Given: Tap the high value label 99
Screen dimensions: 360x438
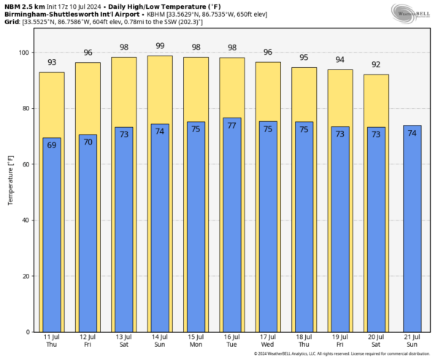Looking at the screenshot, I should click(159, 46).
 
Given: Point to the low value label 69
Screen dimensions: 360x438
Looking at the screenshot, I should click(52, 145).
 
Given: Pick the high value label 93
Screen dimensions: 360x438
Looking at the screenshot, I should click(52, 63).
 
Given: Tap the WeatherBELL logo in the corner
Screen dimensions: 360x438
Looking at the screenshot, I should click(410, 12).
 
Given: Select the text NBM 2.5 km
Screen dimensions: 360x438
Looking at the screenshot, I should click(23, 6).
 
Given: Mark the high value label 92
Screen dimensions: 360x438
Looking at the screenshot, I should click(375, 64).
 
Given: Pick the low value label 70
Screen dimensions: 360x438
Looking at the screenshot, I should click(88, 142).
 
